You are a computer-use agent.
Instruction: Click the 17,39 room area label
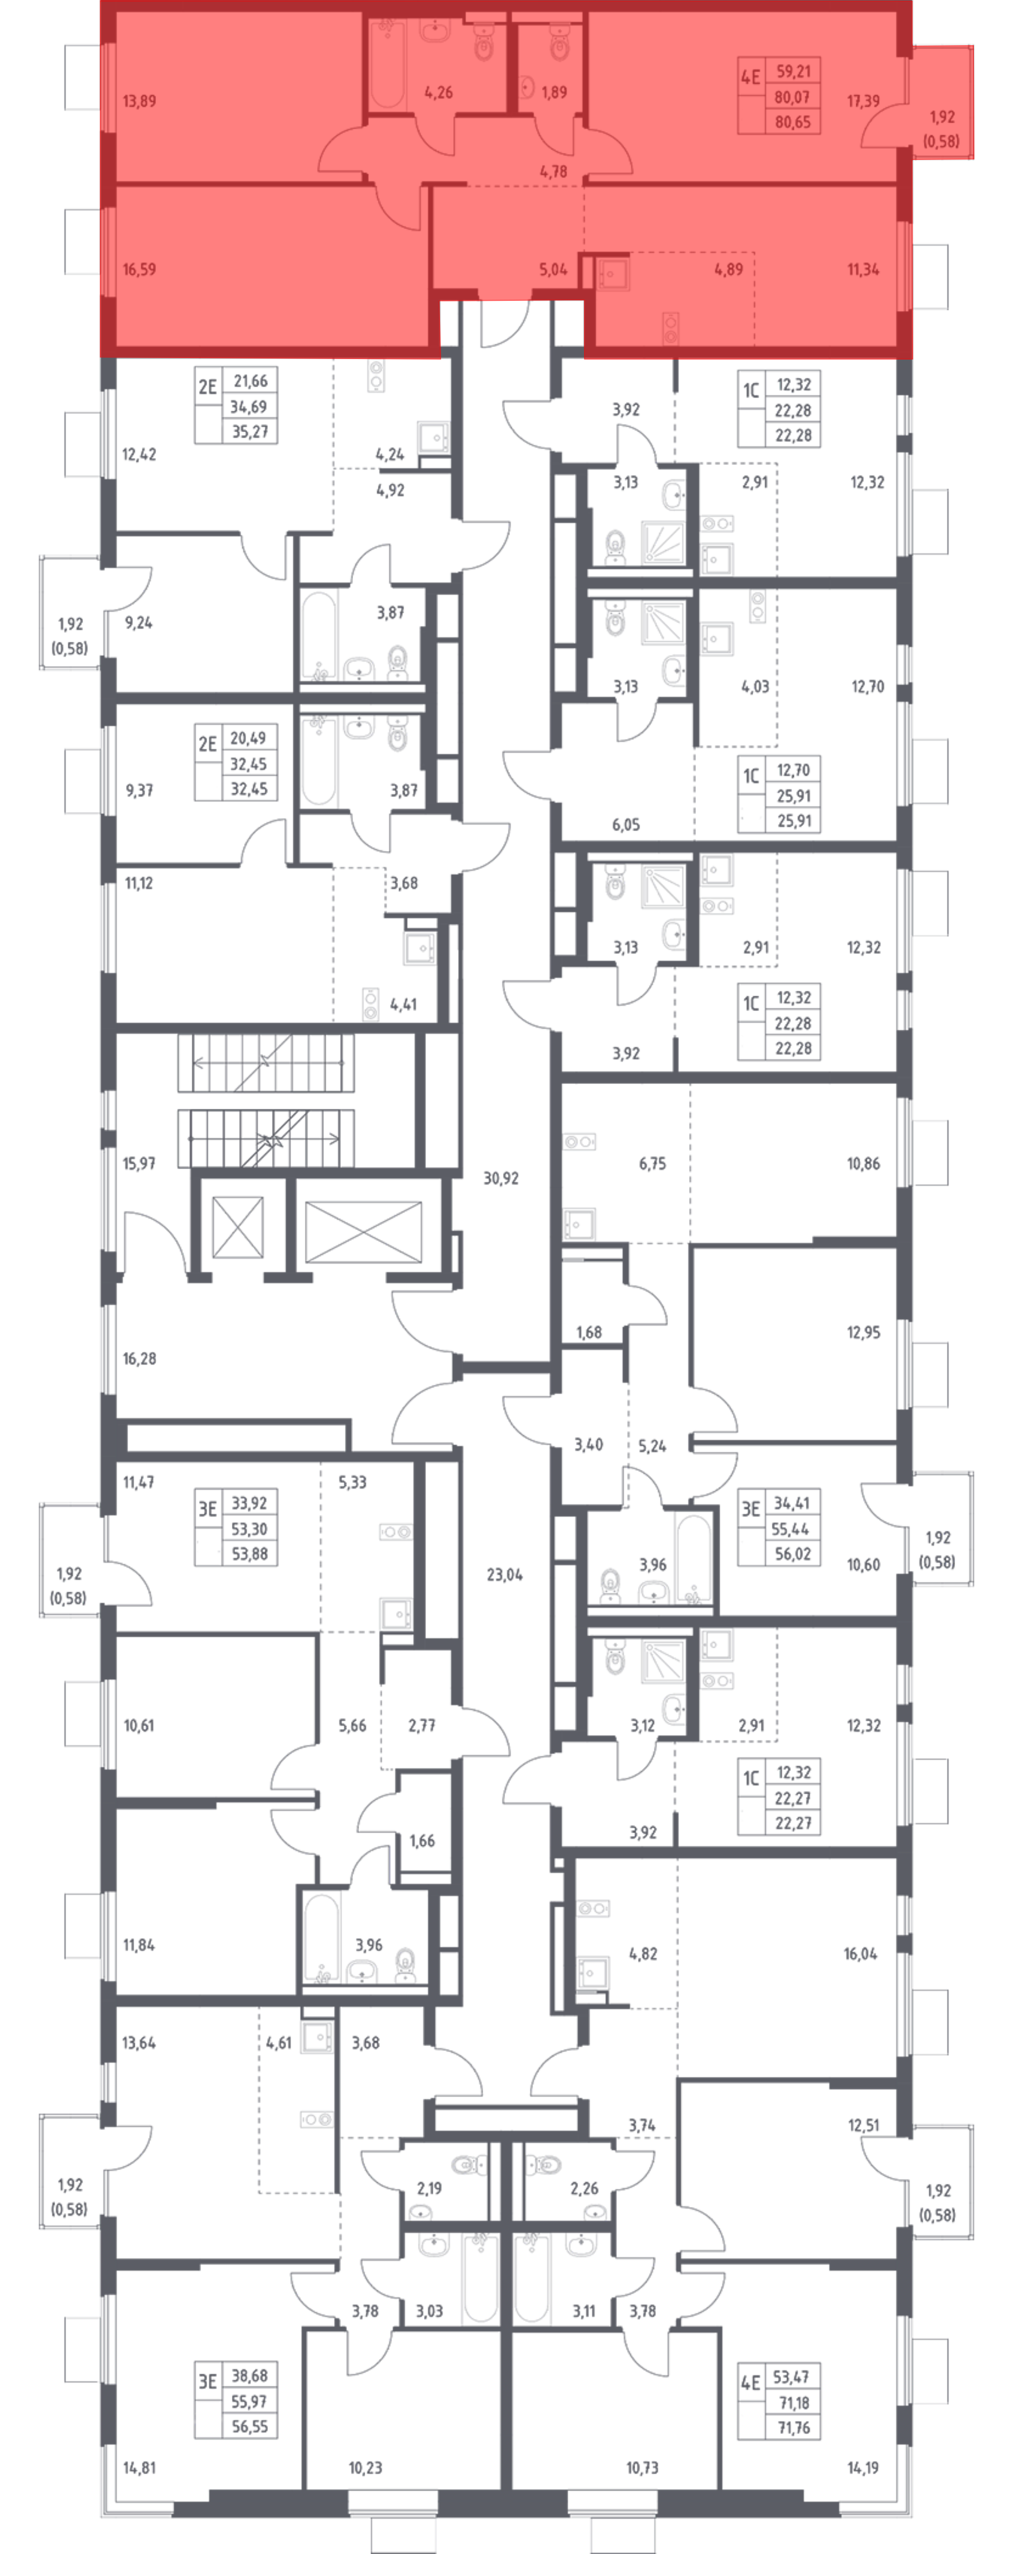pos(863,101)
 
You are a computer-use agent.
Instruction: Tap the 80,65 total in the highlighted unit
pos(793,123)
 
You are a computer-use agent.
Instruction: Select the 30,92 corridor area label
pos(500,1178)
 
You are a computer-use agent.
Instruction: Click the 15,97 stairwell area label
pos(139,1163)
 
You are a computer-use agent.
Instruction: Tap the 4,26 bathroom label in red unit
pos(438,92)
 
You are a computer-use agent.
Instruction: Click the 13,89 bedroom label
pos(139,101)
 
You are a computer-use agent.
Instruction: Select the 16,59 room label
pos(139,268)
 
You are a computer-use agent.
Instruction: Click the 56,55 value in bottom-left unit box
pos(249,2426)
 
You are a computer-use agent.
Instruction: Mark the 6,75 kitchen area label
pos(652,1163)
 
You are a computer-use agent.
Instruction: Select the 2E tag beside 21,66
pos(207,386)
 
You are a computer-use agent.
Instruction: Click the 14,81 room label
pos(139,2468)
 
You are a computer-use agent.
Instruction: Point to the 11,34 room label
pos(863,268)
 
